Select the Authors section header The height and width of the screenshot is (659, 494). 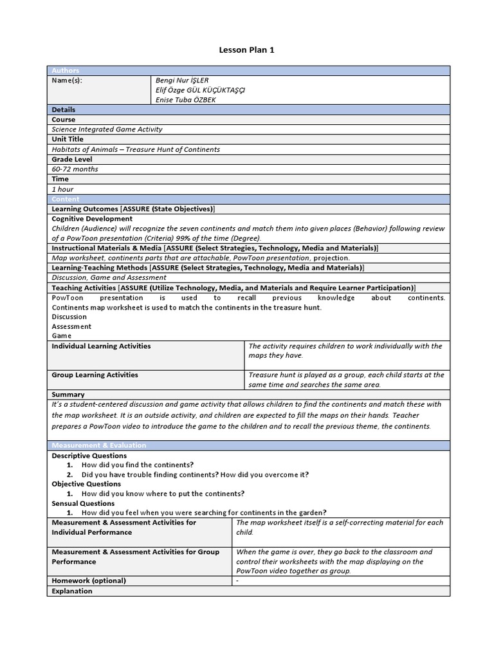coord(65,71)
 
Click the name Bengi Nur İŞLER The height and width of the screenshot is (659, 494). coord(182,80)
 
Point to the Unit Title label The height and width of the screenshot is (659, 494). coord(68,139)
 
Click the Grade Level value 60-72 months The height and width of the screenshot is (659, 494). coord(75,169)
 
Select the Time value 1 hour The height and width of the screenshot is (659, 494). coord(63,189)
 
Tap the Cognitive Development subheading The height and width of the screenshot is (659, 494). coord(92,219)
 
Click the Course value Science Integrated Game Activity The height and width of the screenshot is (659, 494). coord(107,129)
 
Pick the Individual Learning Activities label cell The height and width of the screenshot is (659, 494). coord(101,346)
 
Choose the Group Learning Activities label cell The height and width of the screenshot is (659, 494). coord(95,375)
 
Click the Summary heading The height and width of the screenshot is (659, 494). coord(68,394)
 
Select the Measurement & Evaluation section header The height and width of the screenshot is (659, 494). coord(99,445)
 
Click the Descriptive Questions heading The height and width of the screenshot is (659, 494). coord(89,456)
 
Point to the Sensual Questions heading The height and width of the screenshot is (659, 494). coord(83,503)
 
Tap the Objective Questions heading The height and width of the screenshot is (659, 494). coord(86,484)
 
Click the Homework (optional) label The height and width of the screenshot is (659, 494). coord(89,580)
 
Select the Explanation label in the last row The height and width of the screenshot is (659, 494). coord(72,591)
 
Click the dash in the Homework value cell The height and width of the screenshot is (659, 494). coord(238,580)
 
